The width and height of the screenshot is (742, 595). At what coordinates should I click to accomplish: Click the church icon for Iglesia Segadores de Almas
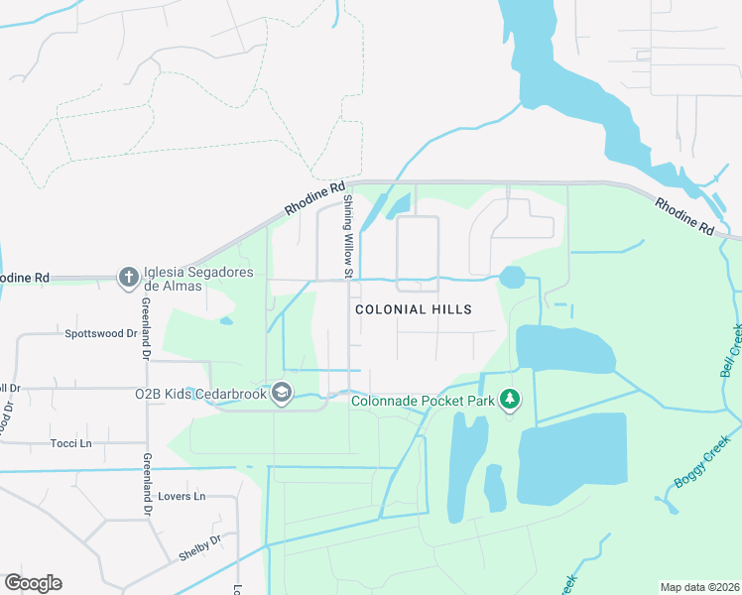[x=128, y=278]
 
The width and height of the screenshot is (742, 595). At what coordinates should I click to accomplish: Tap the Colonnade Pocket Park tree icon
[x=510, y=399]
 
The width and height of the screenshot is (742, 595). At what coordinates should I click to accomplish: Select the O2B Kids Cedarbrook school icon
[x=282, y=394]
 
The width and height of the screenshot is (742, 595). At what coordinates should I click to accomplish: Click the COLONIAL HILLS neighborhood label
[x=414, y=309]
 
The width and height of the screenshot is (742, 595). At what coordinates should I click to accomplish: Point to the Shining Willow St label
[x=348, y=237]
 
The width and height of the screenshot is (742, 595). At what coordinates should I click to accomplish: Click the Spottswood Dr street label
[x=100, y=334]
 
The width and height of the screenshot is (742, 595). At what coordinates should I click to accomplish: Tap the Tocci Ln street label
[x=70, y=443]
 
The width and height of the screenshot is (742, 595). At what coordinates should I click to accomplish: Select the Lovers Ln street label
[x=185, y=496]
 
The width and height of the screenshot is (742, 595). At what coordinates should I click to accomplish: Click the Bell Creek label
[x=731, y=351]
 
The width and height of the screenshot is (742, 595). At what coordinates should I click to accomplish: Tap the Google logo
[x=33, y=582]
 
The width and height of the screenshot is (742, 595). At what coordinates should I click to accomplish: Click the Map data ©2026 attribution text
[x=698, y=587]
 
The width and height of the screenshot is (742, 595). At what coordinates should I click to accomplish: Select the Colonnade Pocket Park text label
[x=425, y=401]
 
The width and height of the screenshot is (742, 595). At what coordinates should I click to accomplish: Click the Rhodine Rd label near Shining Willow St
[x=315, y=198]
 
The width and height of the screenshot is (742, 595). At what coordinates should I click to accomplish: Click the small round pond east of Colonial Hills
[x=513, y=277]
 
